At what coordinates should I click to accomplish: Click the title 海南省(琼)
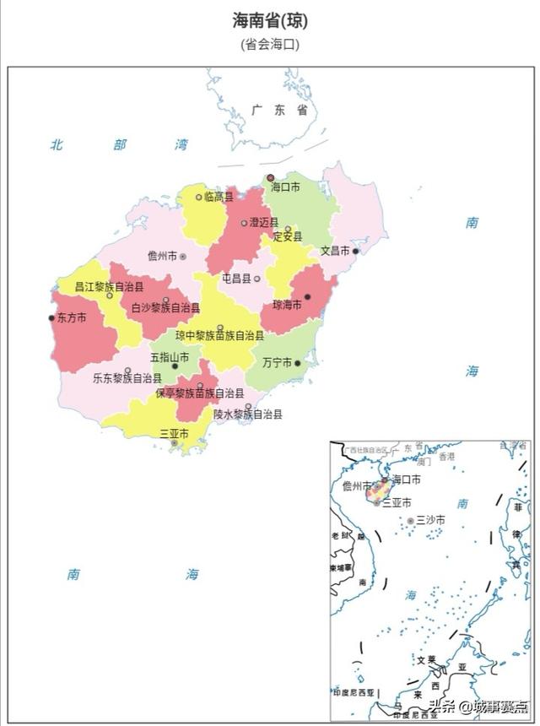coord(270,20)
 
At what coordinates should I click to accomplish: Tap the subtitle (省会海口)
coord(270,45)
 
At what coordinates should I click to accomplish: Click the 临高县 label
coord(219,197)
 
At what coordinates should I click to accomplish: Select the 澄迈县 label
coord(263,223)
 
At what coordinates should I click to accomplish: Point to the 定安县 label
coord(287,237)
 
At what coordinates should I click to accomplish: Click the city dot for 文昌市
coord(355,251)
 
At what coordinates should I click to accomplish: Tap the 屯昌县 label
coord(236,278)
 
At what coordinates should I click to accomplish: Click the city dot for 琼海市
coord(307,296)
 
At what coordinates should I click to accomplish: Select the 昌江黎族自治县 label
coord(109,287)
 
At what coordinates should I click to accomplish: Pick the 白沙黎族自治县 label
coord(165,308)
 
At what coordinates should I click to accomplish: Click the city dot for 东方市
coord(51,318)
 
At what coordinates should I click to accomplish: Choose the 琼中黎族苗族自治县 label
coord(219,335)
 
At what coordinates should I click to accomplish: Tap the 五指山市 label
coord(170,356)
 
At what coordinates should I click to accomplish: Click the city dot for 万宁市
coord(298,363)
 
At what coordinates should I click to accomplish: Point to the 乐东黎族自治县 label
coord(127,378)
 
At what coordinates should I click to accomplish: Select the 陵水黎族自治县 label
coord(247,414)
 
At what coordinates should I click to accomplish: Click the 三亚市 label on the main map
coord(174,433)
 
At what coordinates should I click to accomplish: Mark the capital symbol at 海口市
coord(271,178)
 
